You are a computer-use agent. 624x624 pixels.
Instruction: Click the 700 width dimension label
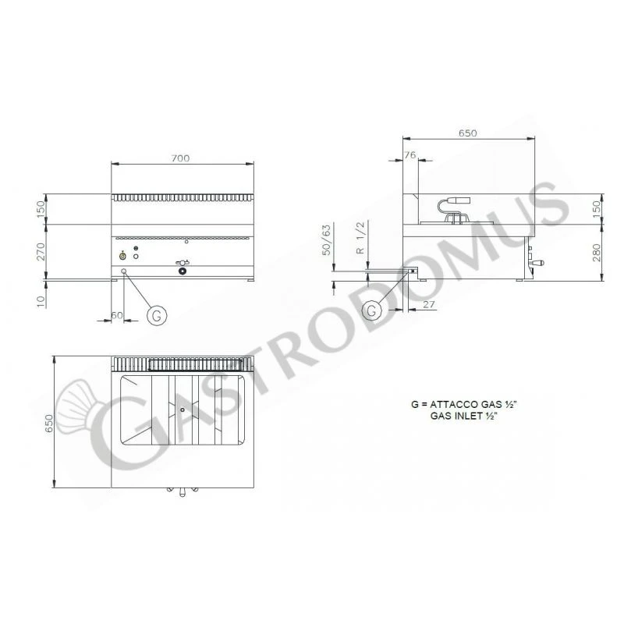tap(180, 158)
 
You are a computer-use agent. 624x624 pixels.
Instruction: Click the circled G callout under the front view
tap(156, 315)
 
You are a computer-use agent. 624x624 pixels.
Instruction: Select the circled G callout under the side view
tap(373, 310)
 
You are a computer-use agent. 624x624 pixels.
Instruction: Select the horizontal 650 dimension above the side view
tap(467, 133)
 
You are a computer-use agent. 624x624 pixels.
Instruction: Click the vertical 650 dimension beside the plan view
tap(48, 422)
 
